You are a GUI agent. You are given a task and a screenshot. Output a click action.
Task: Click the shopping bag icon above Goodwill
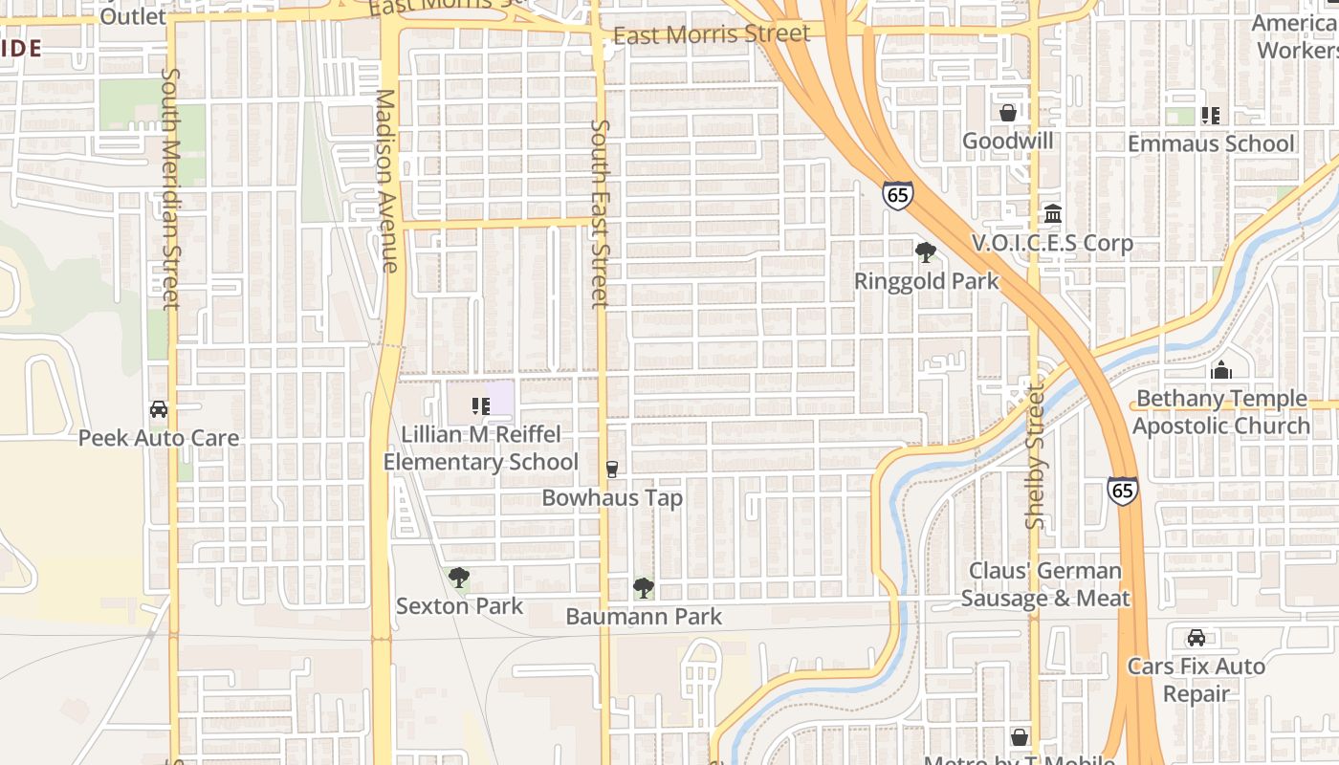[1007, 113]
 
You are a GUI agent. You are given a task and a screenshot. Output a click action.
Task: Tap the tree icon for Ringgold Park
[925, 252]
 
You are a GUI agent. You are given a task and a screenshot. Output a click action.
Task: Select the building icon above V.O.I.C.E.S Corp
[1053, 213]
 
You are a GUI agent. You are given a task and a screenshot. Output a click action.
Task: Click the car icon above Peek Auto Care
[159, 409]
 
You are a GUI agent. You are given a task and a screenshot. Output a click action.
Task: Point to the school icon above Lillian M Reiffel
[480, 406]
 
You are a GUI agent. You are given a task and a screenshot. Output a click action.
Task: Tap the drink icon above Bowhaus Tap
[612, 469]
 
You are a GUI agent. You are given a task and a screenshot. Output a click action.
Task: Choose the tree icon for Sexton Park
[459, 578]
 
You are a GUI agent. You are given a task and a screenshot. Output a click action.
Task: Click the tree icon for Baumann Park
[644, 588]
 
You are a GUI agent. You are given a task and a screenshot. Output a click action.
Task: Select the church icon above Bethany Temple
[1221, 370]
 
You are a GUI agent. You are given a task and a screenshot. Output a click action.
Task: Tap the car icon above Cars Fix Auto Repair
[1196, 638]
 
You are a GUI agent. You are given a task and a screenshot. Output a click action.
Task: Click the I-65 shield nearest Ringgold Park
[897, 195]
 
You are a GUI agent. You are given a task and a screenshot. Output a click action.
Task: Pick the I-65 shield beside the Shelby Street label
[1123, 491]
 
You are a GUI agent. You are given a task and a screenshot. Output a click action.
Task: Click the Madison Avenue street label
[386, 182]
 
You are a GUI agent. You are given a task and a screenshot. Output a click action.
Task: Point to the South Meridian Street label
[170, 188]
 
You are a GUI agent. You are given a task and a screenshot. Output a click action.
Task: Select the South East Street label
[600, 214]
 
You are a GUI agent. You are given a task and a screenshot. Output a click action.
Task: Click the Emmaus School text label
[1211, 143]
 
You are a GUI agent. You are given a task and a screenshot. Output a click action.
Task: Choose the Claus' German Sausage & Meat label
[1045, 584]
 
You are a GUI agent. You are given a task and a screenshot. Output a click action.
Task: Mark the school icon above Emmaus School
[1211, 116]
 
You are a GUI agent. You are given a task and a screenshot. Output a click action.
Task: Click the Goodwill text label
[1007, 141]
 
